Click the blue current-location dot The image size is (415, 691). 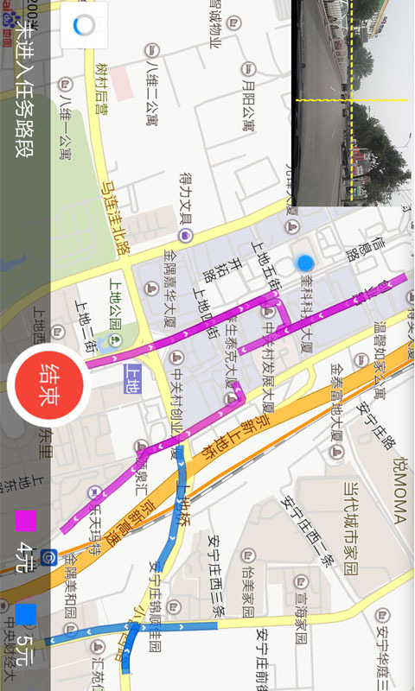304,263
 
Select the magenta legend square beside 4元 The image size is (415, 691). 26,522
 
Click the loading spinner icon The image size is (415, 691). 84,26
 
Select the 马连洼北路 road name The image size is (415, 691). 112,213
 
